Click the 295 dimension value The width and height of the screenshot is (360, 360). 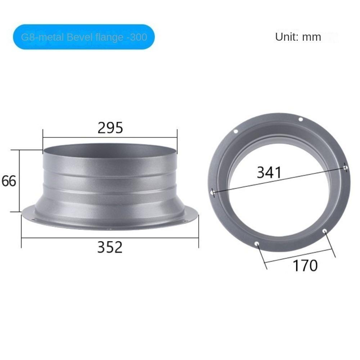pyautogui.click(x=110, y=128)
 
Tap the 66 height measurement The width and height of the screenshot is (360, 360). pyautogui.click(x=9, y=181)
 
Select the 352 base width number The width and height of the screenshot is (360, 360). pyautogui.click(x=110, y=247)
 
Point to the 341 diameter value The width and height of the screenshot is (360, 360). pyautogui.click(x=269, y=172)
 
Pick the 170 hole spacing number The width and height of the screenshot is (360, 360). pyautogui.click(x=305, y=266)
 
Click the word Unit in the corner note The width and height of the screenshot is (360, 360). pyautogui.click(x=287, y=37)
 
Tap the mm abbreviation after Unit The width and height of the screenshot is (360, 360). pyautogui.click(x=311, y=37)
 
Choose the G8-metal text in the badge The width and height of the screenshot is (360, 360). pyautogui.click(x=43, y=37)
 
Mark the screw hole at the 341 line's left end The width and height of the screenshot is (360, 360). pyautogui.click(x=212, y=193)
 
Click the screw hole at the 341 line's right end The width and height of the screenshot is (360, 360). pyautogui.click(x=346, y=167)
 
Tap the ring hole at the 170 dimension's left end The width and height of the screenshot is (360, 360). pyautogui.click(x=257, y=244)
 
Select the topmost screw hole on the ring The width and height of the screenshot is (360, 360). pyautogui.click(x=301, y=120)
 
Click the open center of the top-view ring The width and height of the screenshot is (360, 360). pyautogui.click(x=279, y=202)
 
